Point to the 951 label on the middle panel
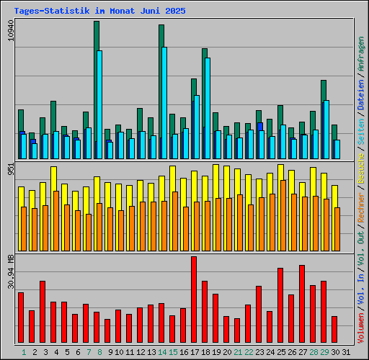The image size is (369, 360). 10,168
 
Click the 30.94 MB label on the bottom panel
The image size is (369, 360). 10,271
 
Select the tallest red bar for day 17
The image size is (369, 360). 194,300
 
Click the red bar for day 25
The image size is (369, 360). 280,305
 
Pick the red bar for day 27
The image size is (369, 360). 302,304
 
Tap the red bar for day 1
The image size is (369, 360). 21,318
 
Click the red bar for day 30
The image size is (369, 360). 334,330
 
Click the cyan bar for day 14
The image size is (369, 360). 164,102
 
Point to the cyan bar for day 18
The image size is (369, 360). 208,108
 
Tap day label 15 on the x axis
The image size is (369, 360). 173,352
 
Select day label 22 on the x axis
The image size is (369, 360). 249,352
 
